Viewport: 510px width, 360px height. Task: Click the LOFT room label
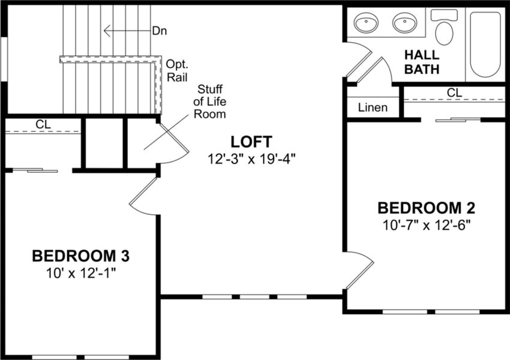coord(251,142)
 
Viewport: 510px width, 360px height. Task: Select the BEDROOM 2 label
coord(426,208)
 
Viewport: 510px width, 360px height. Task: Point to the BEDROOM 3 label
coord(81,256)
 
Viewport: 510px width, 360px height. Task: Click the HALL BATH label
coord(422,62)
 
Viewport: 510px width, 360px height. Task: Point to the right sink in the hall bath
coord(405,24)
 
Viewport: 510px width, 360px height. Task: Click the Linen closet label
coord(373,108)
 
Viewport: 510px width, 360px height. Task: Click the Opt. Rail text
coord(177,70)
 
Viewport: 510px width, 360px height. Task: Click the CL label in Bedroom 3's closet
coord(43,124)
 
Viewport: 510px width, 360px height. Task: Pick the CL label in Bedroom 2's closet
coord(454,92)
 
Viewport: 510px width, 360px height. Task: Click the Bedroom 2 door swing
coord(358,271)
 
